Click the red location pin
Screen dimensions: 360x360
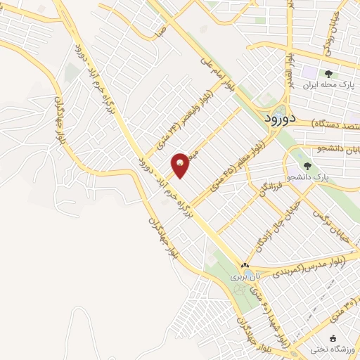pyautogui.click(x=180, y=165)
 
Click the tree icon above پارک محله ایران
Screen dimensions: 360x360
pyautogui.click(x=328, y=74)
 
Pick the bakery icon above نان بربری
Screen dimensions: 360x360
pyautogui.click(x=245, y=266)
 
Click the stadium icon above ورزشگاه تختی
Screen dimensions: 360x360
pyautogui.click(x=333, y=338)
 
